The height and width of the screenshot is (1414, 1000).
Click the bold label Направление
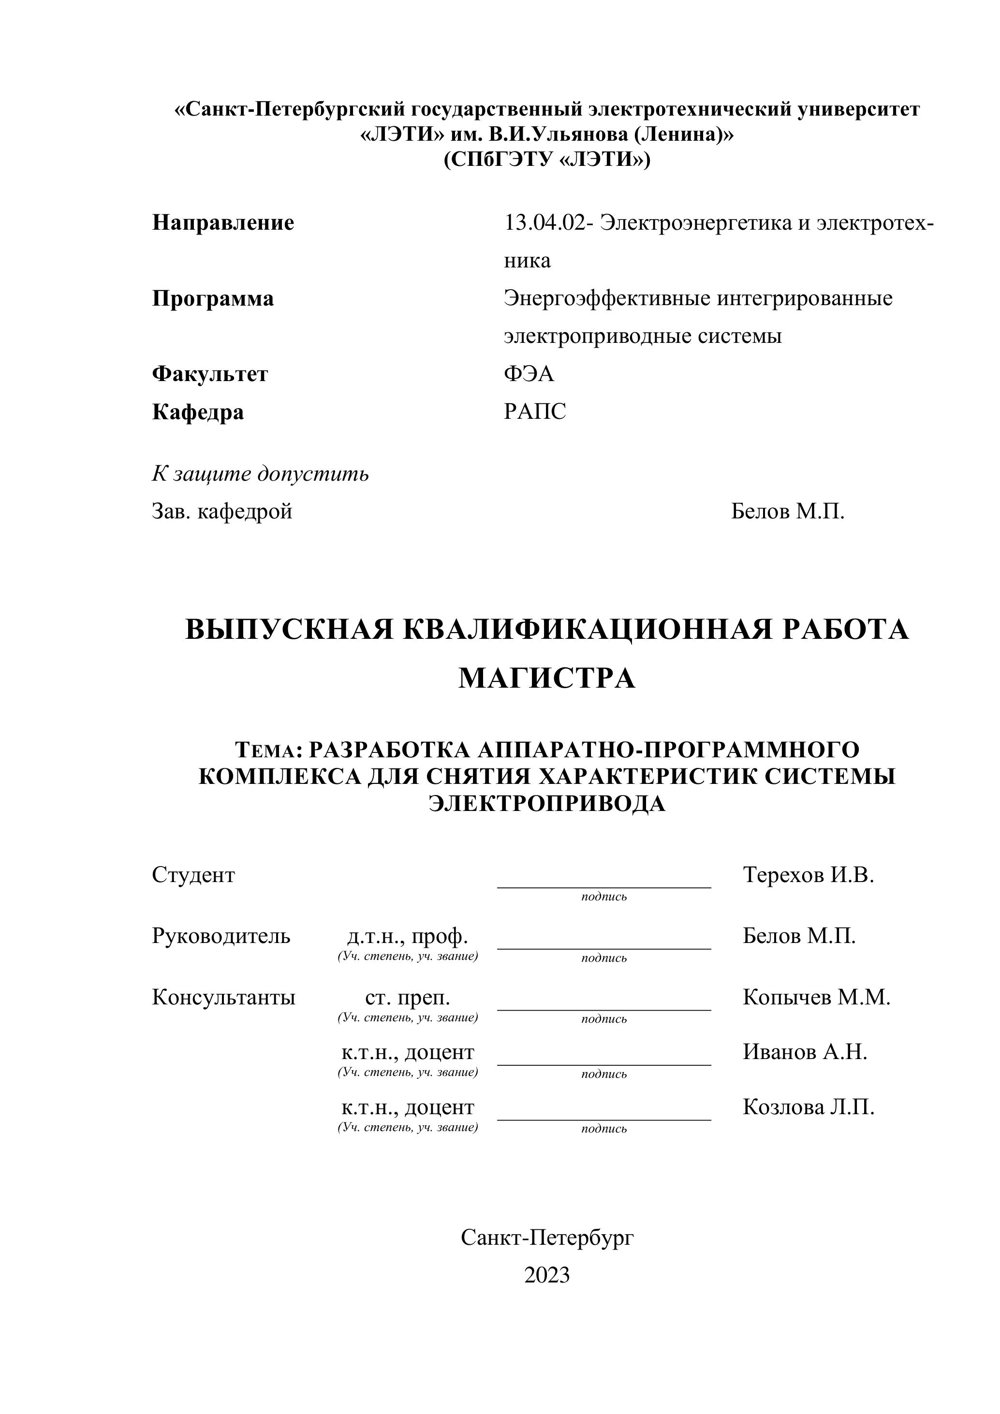pos(223,222)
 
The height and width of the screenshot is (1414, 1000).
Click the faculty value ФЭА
pos(529,374)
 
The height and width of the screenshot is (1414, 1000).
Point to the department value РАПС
pos(534,412)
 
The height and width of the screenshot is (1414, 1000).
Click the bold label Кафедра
pos(198,412)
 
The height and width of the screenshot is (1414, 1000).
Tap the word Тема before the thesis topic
pos(266,751)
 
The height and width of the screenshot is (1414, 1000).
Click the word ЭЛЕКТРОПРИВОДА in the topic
pos(547,804)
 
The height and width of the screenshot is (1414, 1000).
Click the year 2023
pos(547,1275)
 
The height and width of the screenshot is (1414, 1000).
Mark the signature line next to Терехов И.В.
pos(603,886)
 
